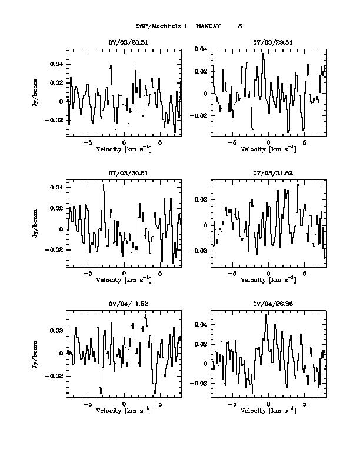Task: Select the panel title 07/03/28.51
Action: [x=124, y=43]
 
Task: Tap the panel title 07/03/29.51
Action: [x=268, y=43]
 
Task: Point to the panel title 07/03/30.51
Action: [x=124, y=174]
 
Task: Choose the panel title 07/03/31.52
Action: [x=268, y=174]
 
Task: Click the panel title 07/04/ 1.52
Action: [x=124, y=304]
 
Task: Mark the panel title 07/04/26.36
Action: [x=268, y=304]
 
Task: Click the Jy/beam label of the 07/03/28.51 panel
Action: [x=37, y=93]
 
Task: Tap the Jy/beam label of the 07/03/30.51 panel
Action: [x=37, y=224]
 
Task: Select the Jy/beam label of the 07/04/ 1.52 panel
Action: [x=37, y=354]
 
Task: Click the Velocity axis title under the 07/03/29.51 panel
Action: [x=268, y=149]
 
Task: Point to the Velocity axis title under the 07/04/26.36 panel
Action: [x=268, y=411]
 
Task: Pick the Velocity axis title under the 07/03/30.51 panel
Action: [x=124, y=280]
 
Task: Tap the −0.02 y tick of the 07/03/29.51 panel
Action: [x=200, y=116]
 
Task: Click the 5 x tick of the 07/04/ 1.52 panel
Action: [x=160, y=404]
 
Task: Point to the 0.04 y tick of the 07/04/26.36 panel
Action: [x=200, y=325]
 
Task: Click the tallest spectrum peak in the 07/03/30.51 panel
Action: [x=103, y=184]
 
